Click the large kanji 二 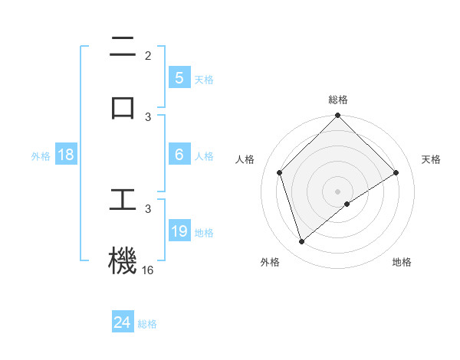[x=123, y=47]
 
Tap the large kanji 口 [x=123, y=106]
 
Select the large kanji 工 [x=123, y=200]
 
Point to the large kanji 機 [x=123, y=260]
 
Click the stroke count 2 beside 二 [x=148, y=56]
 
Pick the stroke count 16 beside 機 [x=148, y=270]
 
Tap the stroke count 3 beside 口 [x=148, y=116]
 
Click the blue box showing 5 [x=179, y=77]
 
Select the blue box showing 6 [x=179, y=154]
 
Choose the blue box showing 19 [x=179, y=231]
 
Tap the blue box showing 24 [x=123, y=322]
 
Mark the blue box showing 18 [x=66, y=155]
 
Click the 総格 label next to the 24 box [x=147, y=324]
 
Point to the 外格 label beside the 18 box [x=41, y=156]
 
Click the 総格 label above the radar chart [x=338, y=100]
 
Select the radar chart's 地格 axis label [x=402, y=262]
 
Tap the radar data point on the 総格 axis [x=338, y=116]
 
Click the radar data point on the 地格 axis [x=347, y=204]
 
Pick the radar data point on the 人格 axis [x=280, y=172]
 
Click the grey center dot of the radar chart [x=338, y=191]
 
